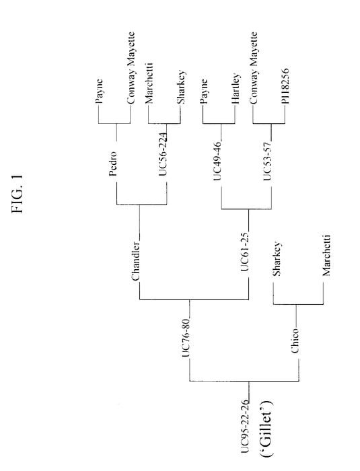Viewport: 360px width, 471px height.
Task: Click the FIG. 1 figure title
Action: point(17,194)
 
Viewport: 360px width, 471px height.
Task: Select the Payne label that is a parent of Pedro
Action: point(100,92)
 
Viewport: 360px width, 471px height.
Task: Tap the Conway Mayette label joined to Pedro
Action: point(131,68)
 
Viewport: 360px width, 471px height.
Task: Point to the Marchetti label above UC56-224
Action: point(149,83)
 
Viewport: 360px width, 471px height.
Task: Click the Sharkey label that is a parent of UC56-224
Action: point(181,87)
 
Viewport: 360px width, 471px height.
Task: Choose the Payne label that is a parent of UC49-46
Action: point(204,92)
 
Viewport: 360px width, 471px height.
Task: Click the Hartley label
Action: point(236,89)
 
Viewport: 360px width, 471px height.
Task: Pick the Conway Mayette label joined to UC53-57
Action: point(254,68)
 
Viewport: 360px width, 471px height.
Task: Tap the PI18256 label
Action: point(285,86)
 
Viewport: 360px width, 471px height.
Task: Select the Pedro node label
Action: point(112,164)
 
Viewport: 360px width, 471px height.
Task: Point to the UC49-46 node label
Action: point(217,161)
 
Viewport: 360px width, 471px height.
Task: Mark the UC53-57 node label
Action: point(267,161)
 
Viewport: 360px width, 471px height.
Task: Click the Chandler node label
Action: point(135,261)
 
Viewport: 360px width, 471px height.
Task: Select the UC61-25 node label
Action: point(245,252)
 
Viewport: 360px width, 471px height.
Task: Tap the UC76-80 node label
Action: point(186,337)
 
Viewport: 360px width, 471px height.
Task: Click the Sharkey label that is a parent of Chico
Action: point(276,259)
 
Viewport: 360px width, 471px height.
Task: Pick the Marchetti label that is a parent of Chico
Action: point(326,255)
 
